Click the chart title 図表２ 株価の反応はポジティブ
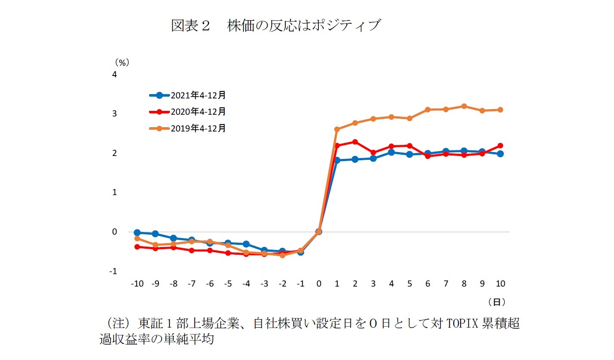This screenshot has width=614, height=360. [275, 26]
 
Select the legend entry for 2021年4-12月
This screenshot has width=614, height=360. [187, 95]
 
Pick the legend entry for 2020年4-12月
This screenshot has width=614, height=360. [187, 112]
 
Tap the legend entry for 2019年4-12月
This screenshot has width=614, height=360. [187, 128]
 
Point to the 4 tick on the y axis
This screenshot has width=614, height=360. [114, 75]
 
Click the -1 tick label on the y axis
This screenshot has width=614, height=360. [113, 272]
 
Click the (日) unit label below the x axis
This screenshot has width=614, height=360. [496, 302]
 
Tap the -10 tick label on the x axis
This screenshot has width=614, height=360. [137, 284]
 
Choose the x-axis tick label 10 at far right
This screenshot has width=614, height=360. [500, 284]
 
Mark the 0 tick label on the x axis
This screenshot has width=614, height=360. [319, 284]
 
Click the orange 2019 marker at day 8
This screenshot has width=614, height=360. [464, 106]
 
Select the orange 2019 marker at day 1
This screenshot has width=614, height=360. [337, 129]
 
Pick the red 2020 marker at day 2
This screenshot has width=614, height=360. [355, 142]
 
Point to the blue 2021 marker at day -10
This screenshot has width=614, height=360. [137, 232]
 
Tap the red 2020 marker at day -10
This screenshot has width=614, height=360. [137, 247]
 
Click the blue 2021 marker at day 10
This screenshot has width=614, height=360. [500, 154]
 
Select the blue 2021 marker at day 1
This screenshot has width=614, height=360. [337, 160]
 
